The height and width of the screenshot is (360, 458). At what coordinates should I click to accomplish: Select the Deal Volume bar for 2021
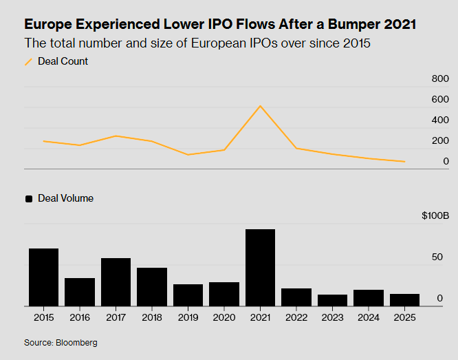(260, 268)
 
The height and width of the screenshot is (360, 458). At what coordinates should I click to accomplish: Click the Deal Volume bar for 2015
(43, 277)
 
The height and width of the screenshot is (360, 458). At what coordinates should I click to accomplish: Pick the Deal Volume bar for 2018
(152, 287)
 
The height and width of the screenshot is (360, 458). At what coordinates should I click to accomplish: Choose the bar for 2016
(80, 292)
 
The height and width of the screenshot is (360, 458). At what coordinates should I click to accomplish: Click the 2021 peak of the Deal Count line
(260, 106)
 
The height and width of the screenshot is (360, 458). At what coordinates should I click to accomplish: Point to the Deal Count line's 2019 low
(188, 154)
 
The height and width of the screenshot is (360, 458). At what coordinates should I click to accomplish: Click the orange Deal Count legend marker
(29, 62)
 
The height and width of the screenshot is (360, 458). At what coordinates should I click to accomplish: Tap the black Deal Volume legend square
(29, 199)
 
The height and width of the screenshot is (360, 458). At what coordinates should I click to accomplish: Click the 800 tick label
(440, 79)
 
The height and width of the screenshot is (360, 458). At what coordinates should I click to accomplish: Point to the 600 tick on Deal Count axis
(440, 100)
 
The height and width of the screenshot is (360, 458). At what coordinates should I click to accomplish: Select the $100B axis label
(435, 216)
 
